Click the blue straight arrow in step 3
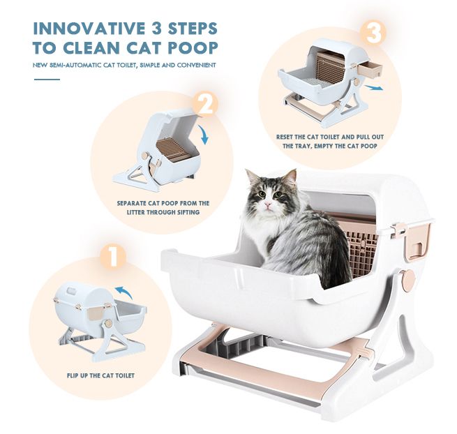point(376,88)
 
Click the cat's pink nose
point(264,207)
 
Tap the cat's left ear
point(250,176)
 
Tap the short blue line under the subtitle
point(47,80)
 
